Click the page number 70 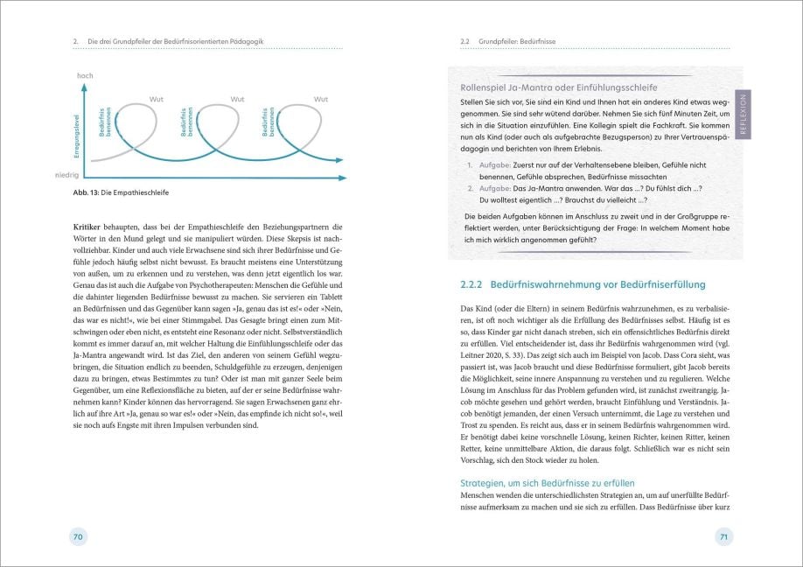(78, 536)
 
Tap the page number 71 (723, 536)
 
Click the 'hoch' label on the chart (85, 77)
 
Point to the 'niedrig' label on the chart (80, 175)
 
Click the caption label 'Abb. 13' (87, 194)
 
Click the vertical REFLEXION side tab (744, 114)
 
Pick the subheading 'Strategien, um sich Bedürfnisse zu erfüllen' (547, 483)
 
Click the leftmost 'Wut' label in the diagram (157, 99)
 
